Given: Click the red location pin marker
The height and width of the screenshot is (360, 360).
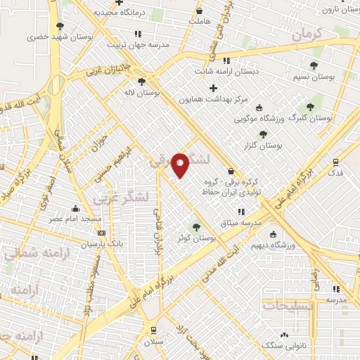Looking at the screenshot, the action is click(181, 165).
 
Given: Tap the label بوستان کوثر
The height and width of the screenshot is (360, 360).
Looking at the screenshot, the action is click(196, 239).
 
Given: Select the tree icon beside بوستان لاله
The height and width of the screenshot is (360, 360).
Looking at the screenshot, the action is click(141, 82).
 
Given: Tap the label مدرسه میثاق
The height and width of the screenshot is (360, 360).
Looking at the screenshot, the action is click(241, 223).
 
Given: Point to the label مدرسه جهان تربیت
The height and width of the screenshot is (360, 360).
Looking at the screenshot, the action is click(139, 45).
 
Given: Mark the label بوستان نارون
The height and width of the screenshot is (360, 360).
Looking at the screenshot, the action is click(339, 8).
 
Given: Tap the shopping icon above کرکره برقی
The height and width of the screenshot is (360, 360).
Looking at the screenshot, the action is click(231, 171).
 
